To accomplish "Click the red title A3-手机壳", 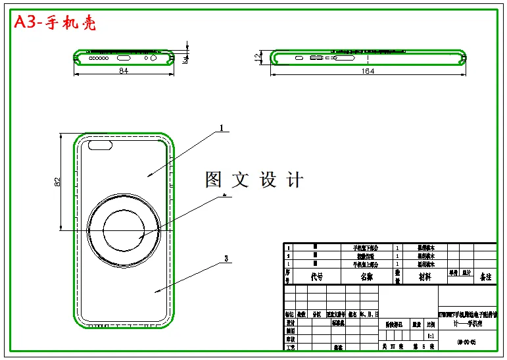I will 55,22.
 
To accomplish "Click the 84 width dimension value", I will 123,71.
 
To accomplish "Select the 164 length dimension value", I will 368,71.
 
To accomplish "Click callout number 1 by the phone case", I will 222,128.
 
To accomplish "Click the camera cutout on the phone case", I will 101,145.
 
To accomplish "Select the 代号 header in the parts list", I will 317,277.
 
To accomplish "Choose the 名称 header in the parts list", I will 366,277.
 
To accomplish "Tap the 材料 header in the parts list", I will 425,277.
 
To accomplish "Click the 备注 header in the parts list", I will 485,277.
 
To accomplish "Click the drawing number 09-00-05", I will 467,342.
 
